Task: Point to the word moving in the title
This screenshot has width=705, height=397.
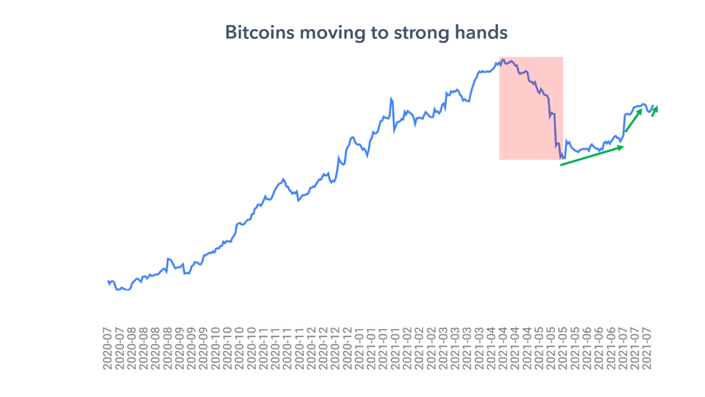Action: click(x=327, y=33)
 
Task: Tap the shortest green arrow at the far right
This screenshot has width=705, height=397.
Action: click(x=655, y=111)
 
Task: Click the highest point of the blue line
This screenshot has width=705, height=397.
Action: click(x=503, y=60)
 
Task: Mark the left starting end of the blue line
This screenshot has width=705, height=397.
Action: click(x=108, y=282)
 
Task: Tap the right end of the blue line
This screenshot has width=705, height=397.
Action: click(x=653, y=106)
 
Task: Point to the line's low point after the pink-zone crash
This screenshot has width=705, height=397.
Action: click(x=561, y=158)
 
